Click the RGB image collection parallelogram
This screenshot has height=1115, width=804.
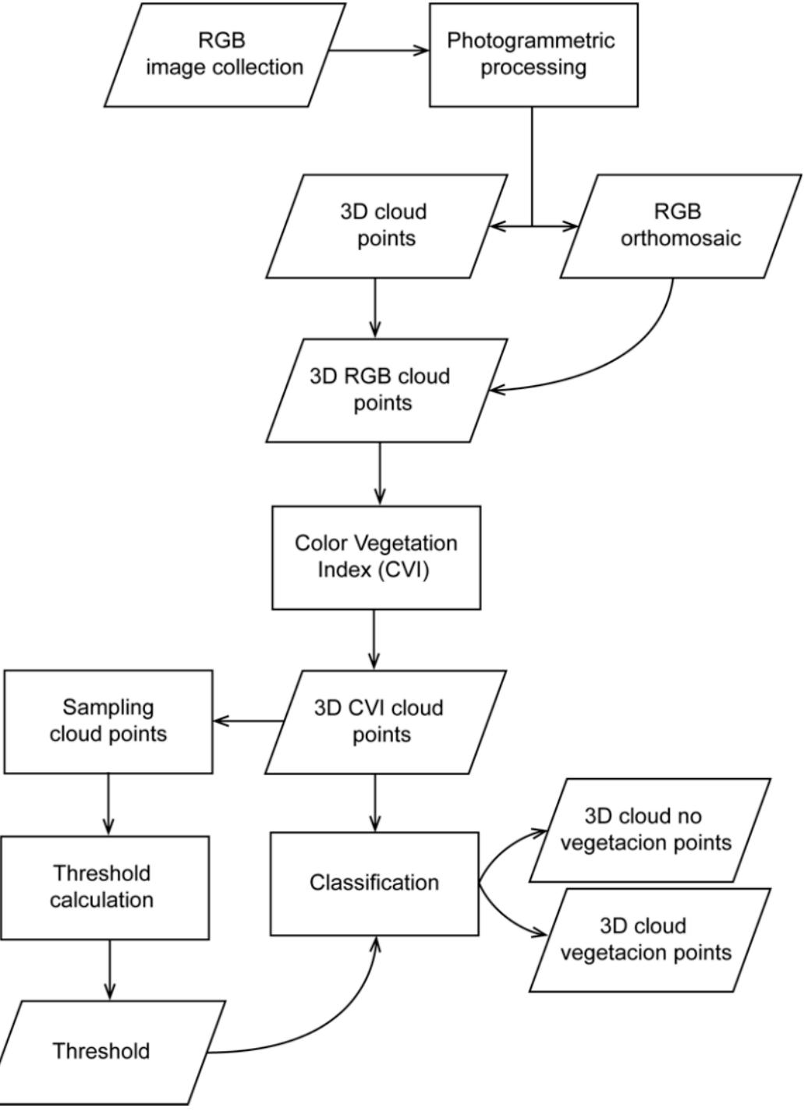(225, 55)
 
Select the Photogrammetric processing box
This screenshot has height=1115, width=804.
(533, 55)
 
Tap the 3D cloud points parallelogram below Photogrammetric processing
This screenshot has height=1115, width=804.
(386, 225)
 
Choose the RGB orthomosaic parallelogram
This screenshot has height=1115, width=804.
(680, 225)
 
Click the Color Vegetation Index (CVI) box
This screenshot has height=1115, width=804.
(376, 557)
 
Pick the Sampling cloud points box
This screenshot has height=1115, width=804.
(108, 721)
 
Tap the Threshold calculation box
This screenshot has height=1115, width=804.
(104, 887)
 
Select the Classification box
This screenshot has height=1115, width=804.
(374, 883)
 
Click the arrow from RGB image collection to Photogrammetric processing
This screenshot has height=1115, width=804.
(378, 51)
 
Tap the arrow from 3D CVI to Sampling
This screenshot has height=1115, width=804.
(248, 720)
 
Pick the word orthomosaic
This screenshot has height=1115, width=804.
(680, 239)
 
